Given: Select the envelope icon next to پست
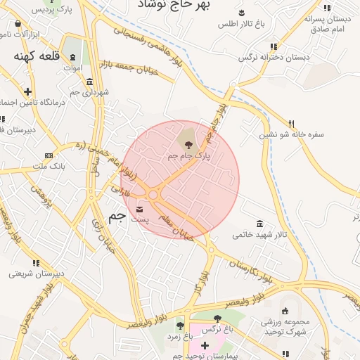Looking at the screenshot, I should (139, 210).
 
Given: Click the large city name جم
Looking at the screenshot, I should (117, 216).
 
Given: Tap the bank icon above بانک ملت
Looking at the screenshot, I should (49, 155).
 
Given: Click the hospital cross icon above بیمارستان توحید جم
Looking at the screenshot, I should (204, 346).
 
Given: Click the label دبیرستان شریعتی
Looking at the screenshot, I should (37, 274).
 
